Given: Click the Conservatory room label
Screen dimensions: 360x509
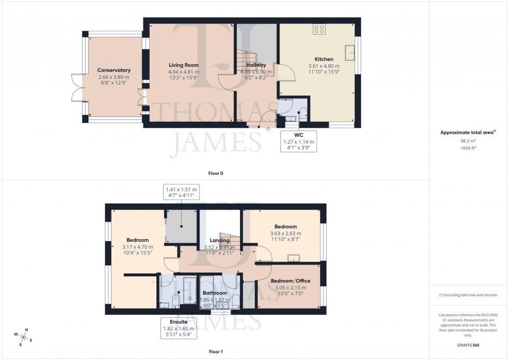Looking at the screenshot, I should click(114, 70).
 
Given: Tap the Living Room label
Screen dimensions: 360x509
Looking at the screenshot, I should click(183, 65).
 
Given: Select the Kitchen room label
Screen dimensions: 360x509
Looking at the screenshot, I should click(324, 59).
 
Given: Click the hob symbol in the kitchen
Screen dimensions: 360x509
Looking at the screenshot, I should click(319, 30).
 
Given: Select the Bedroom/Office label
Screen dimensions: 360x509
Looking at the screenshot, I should click(290, 281).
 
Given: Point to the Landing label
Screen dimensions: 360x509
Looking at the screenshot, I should click(220, 241).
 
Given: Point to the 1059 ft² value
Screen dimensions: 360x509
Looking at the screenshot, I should click(469, 148).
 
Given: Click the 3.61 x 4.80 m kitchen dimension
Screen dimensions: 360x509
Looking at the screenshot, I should click(324, 66).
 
